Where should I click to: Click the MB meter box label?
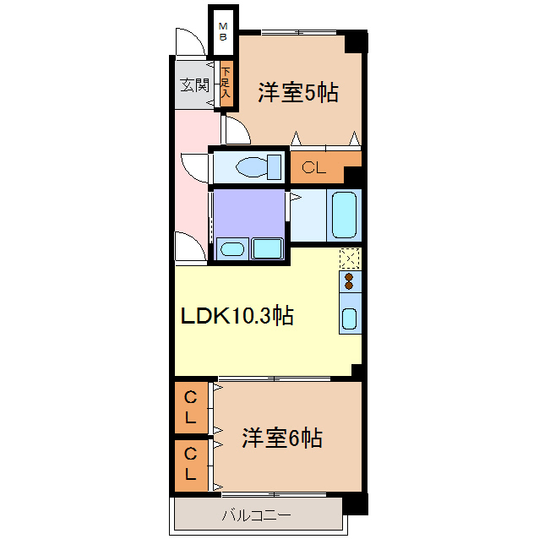(x=223, y=31)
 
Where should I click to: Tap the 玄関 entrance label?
(x=195, y=85)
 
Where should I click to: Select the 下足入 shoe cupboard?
(x=226, y=83)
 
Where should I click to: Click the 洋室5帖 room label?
(x=298, y=92)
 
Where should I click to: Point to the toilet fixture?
(x=259, y=167)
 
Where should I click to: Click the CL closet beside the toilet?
(x=318, y=167)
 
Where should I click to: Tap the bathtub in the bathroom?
(x=344, y=215)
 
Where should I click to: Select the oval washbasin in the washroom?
(x=232, y=249)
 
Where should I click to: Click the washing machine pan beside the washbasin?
(x=268, y=248)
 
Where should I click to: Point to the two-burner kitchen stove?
(x=350, y=281)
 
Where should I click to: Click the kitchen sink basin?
(x=350, y=318)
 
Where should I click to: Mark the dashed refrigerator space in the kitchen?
(x=350, y=259)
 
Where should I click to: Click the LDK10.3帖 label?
(x=237, y=316)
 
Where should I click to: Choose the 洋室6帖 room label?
(x=282, y=438)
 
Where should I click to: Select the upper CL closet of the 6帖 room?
(x=191, y=408)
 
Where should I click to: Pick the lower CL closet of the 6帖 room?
(x=191, y=465)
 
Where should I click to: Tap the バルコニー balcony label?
(x=257, y=515)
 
